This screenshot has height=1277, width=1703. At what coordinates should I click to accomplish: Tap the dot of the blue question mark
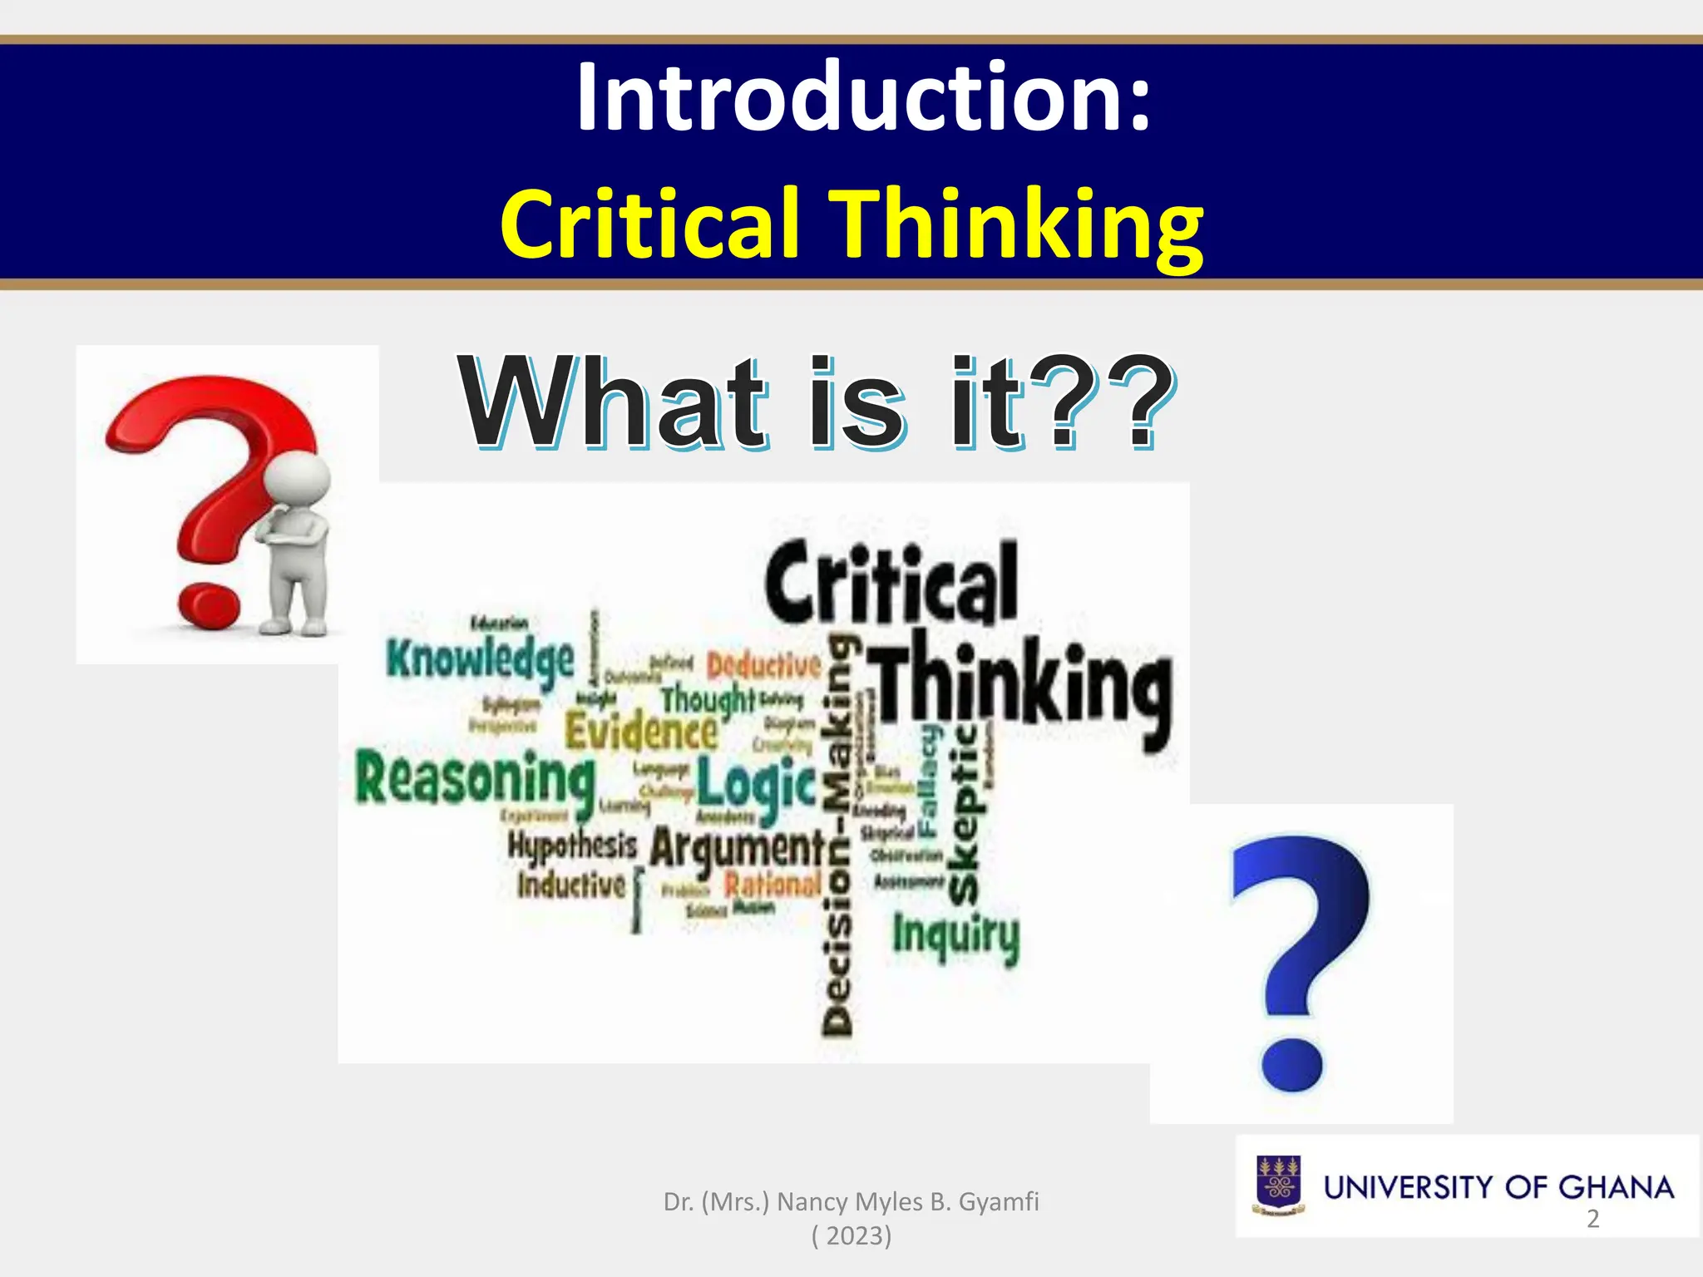coord(1291,1064)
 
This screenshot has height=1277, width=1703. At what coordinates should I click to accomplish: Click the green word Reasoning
coord(475,779)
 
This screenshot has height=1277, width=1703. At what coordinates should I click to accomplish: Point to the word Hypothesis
coord(572,846)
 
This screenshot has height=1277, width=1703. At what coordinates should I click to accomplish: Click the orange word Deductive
coord(763,665)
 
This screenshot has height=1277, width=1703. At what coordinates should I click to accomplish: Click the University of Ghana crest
coord(1279,1186)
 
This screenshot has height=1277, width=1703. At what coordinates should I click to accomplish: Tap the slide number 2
coord(1592,1219)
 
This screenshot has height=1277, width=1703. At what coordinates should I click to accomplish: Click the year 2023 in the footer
coord(851,1236)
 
